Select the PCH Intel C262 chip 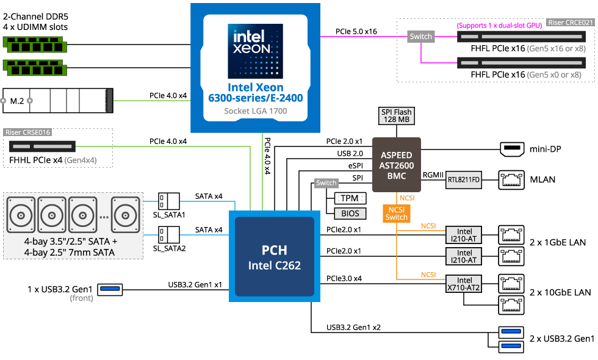(x=275, y=257)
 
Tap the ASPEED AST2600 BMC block (x=396, y=165)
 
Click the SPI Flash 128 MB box (x=396, y=116)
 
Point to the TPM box (x=350, y=198)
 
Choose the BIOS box (x=350, y=214)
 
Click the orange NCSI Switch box (x=396, y=213)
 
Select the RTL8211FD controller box (x=463, y=180)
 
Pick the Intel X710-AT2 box (x=464, y=284)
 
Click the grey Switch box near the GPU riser (x=420, y=37)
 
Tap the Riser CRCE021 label (x=570, y=23)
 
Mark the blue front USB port (x=110, y=288)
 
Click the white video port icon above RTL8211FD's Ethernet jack (x=511, y=149)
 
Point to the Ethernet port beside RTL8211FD (x=511, y=179)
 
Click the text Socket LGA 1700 (x=255, y=111)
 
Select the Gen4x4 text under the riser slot (x=80, y=160)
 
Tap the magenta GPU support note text (x=499, y=26)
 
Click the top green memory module (x=35, y=45)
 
